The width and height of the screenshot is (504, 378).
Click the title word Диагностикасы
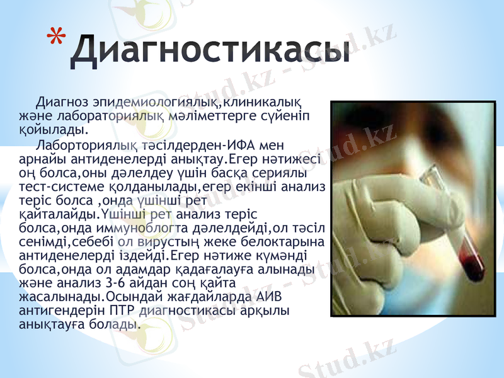(209, 51)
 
